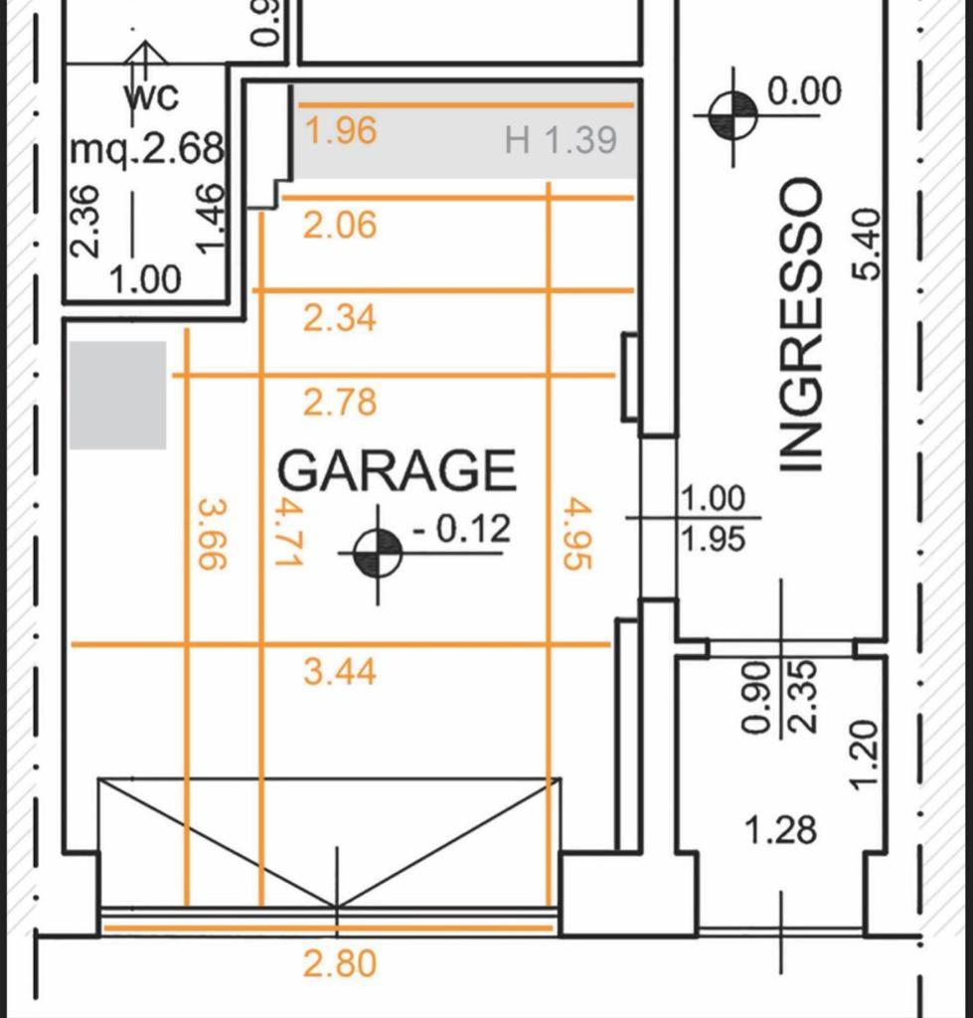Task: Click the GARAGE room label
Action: tap(397, 470)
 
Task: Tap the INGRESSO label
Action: tap(800, 325)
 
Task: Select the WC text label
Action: tap(151, 97)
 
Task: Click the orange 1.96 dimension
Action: tap(340, 130)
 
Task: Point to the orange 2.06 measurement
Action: tap(340, 226)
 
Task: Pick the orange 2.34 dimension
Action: tap(340, 319)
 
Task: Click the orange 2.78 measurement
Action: tap(340, 403)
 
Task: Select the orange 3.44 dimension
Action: tap(340, 671)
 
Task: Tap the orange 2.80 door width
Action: tap(340, 962)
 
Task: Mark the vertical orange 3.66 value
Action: tap(213, 534)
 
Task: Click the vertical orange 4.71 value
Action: tap(287, 532)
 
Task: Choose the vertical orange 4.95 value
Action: tap(577, 534)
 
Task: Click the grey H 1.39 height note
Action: tap(561, 140)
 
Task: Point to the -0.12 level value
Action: tap(461, 529)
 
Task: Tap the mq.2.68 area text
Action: tap(147, 149)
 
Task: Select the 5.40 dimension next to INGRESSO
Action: tap(868, 244)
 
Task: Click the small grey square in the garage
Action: tap(117, 395)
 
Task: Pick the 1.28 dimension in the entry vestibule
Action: tap(780, 830)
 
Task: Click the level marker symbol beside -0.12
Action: tap(379, 554)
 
